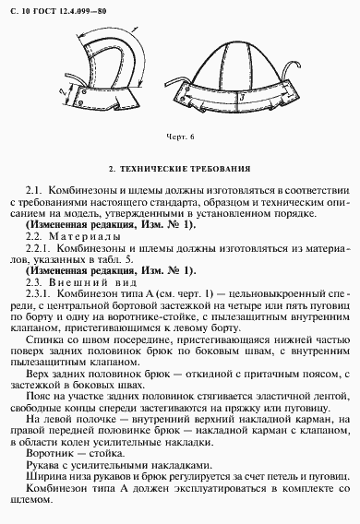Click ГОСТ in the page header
click(x=44, y=8)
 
